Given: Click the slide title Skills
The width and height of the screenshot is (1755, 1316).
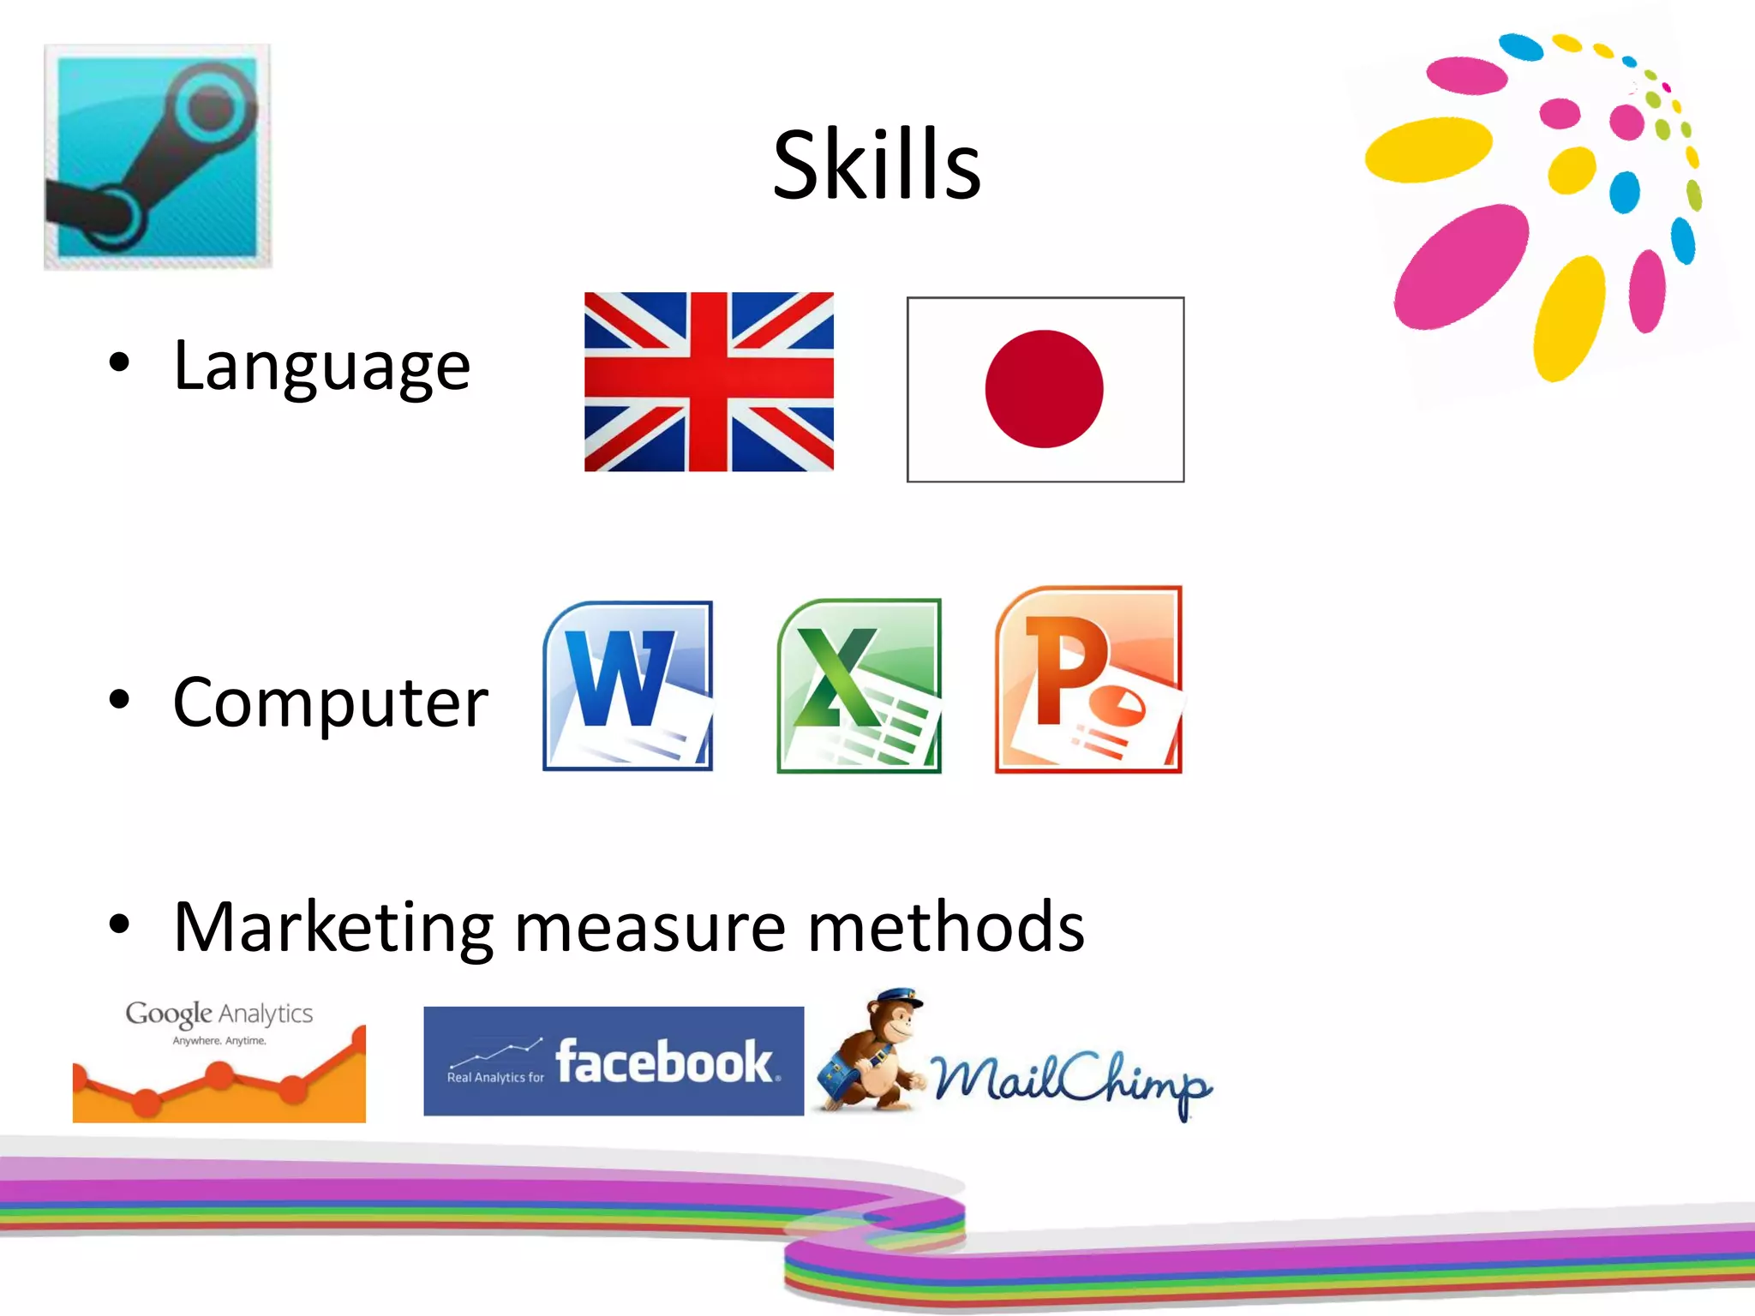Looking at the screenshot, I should (876, 164).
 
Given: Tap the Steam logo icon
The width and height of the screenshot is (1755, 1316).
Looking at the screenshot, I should (158, 156).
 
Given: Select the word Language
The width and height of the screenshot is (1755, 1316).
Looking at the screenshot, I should (321, 367).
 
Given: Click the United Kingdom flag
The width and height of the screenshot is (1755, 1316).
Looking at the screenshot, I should (709, 382).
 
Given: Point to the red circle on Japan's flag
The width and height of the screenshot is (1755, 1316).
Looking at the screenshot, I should (1044, 389).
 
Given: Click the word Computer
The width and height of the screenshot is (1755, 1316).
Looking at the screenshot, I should (330, 703).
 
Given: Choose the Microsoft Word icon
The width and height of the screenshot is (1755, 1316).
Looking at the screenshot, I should (628, 685).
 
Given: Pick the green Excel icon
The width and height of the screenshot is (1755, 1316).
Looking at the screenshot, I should (859, 685).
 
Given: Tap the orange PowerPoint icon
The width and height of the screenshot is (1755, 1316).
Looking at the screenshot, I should (1088, 680).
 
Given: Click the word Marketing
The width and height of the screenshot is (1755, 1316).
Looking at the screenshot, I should (333, 927).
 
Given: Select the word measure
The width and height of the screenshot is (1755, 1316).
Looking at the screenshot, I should (650, 927).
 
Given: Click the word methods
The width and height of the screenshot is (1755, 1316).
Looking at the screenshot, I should (945, 927).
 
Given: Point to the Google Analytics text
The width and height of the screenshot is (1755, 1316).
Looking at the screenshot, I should (219, 1014).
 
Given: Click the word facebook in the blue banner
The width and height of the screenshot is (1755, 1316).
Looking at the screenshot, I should (664, 1062).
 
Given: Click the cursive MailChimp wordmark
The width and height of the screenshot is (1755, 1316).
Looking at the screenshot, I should (1071, 1081).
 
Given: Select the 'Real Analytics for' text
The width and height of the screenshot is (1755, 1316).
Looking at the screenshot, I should (495, 1078).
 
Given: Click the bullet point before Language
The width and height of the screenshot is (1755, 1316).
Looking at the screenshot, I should (120, 362).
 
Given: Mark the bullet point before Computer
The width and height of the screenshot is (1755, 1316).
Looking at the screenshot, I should (120, 699).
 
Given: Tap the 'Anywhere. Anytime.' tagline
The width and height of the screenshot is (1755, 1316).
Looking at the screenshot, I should (219, 1041).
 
